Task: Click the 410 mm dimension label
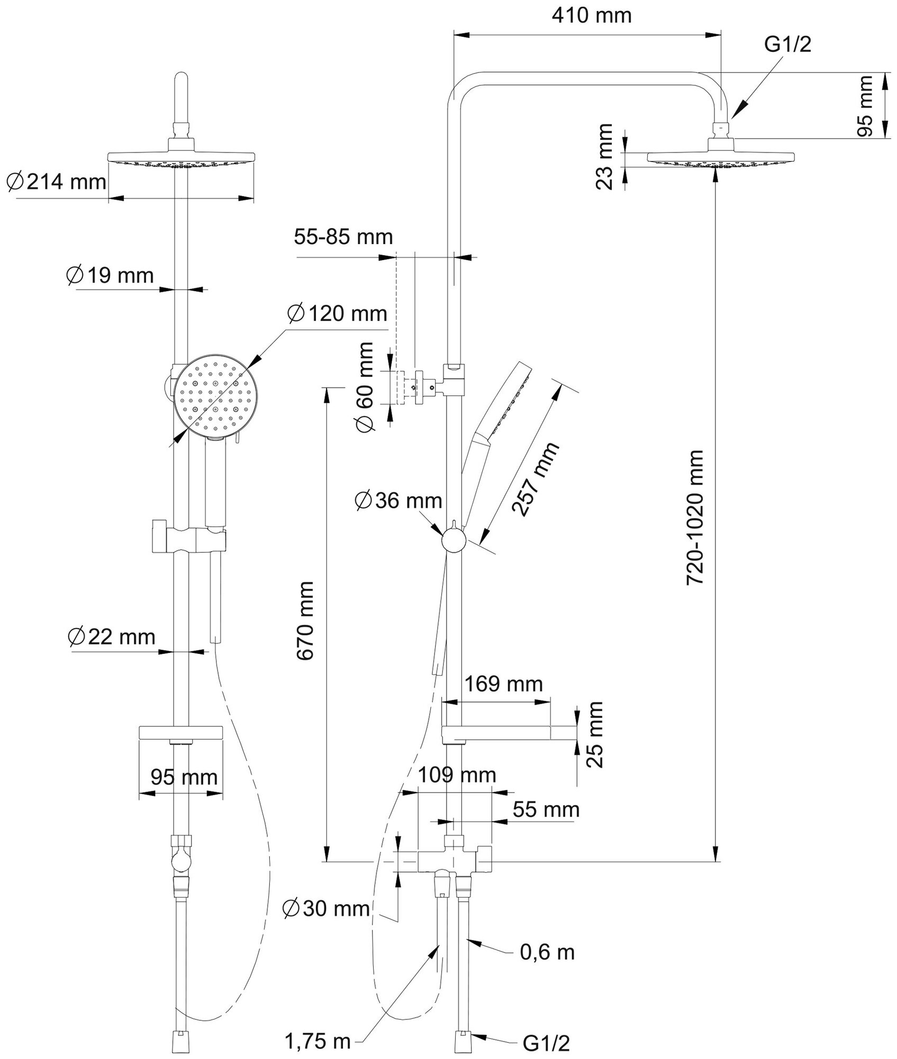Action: pos(591,16)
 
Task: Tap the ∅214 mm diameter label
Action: pos(57,182)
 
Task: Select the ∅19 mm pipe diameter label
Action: pos(110,275)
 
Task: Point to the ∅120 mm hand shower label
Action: pos(337,313)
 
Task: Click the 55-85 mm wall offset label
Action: pos(343,237)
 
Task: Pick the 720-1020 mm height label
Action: pos(695,517)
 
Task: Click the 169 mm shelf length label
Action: pos(503,684)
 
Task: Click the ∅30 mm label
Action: pos(326,909)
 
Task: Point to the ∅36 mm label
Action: pos(398,500)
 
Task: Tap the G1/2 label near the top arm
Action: pos(787,45)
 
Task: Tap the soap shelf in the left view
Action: pos(181,733)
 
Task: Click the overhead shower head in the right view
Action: pos(721,158)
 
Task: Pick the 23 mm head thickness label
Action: pos(604,157)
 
